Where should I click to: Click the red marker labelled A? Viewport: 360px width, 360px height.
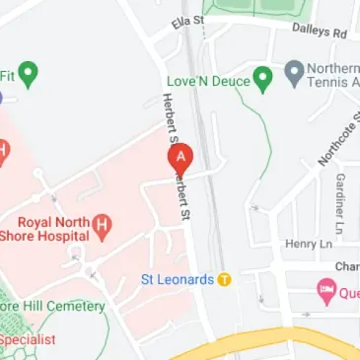pos(181,159)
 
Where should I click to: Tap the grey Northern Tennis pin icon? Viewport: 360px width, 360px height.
pos(293,71)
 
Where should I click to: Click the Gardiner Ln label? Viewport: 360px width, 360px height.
pos(338,196)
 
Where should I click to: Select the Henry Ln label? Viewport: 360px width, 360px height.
pos(303,243)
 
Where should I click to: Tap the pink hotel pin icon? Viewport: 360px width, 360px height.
pos(326,291)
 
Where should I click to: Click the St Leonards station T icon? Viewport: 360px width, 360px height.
pos(224,279)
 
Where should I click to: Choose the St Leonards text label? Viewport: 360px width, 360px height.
pos(178,279)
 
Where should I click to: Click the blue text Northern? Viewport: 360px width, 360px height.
pos(334,66)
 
